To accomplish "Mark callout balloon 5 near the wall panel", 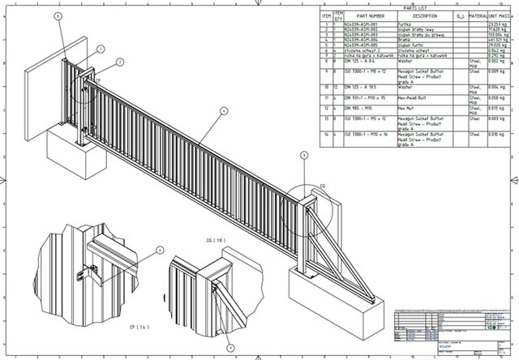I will tap(58, 15).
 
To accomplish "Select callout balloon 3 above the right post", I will tap(304, 153).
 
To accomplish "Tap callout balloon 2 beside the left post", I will tap(119, 60).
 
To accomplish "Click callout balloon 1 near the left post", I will tap(99, 49).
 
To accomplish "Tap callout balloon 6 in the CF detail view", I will tap(159, 251).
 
